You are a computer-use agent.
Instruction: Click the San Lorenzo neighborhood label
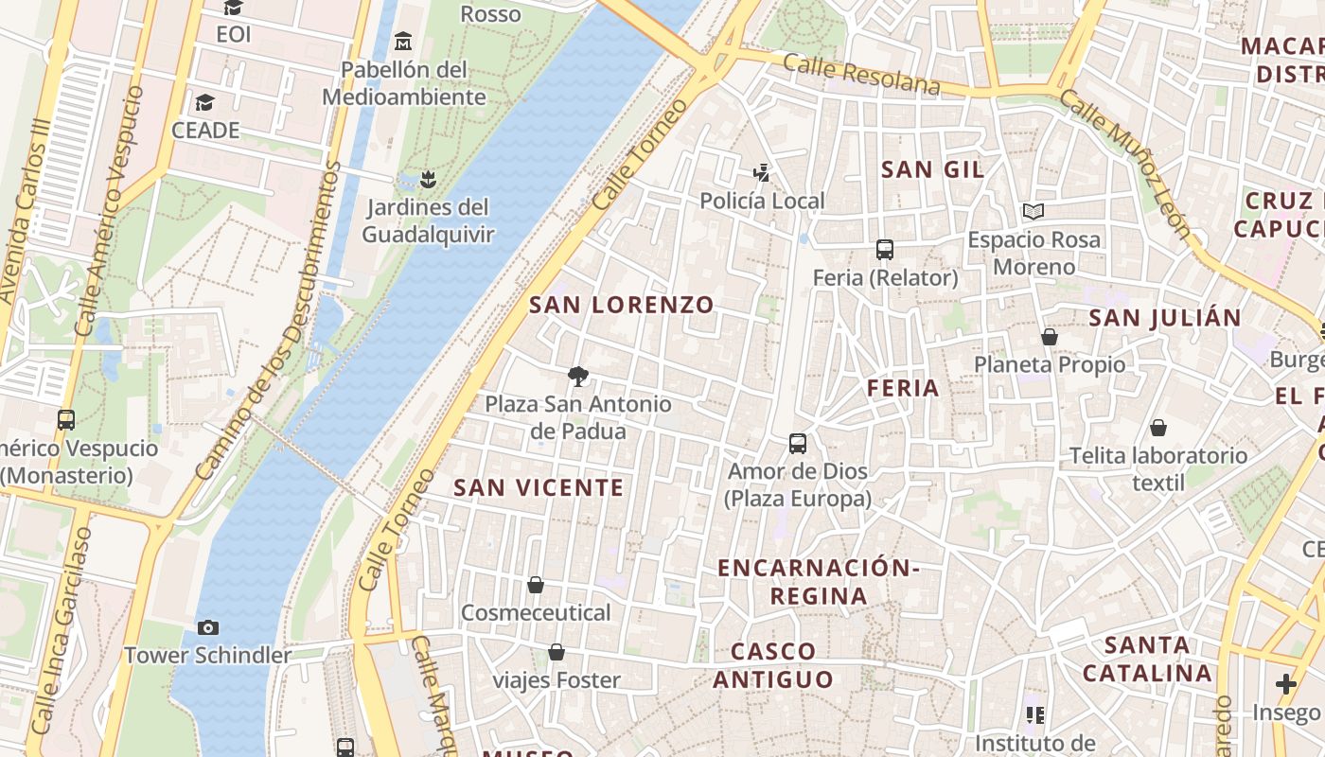coord(621,305)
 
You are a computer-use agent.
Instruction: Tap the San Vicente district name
coord(539,487)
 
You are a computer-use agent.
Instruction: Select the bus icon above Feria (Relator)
coord(885,250)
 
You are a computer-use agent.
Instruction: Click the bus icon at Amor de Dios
coord(798,443)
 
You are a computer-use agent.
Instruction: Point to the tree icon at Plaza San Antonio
coord(577,377)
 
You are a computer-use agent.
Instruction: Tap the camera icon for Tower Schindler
coord(208,627)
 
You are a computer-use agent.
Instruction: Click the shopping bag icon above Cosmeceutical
coord(536,585)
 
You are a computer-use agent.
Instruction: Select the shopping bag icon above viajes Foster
coord(556,652)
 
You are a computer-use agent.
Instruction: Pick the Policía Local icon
coord(761,172)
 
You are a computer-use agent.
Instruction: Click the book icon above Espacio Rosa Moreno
coord(1033,211)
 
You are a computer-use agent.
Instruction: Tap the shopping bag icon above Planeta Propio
coord(1049,337)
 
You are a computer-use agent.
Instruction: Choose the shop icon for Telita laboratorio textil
coord(1158,428)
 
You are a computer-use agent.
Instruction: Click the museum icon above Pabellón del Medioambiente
coord(404,41)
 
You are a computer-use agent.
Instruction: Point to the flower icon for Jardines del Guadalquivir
coord(428,178)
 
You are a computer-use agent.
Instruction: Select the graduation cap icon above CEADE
coord(204,102)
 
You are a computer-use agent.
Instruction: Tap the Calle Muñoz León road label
coord(1124,163)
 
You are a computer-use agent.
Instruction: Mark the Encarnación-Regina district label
coord(818,581)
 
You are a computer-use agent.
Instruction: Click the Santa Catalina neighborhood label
coord(1147,660)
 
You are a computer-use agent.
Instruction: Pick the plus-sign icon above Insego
coord(1285,683)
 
